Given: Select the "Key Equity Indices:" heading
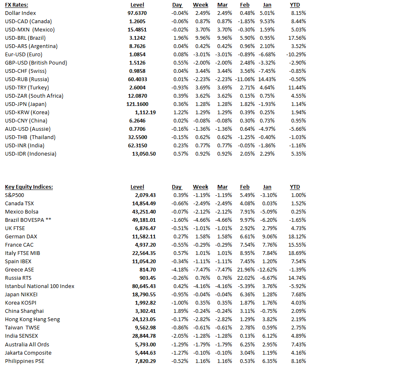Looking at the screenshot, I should pyautogui.click(x=29, y=187).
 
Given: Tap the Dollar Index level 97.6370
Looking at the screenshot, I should pyautogui.click(x=137, y=13).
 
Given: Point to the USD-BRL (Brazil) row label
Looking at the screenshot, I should pyautogui.click(x=25, y=38).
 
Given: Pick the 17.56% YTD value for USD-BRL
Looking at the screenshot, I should pyautogui.click(x=297, y=38).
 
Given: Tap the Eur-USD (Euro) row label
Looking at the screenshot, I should pyautogui.click(x=24, y=54).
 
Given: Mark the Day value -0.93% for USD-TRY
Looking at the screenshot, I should pyautogui.click(x=179, y=87).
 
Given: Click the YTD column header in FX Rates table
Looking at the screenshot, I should pyautogui.click(x=295, y=5).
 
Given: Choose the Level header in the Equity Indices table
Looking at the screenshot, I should pyautogui.click(x=137, y=187).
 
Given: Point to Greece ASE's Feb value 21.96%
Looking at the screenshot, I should pyautogui.click(x=247, y=269).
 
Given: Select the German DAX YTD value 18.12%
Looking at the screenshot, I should pyautogui.click(x=297, y=236).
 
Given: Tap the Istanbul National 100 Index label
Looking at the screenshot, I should pyautogui.click(x=40, y=286).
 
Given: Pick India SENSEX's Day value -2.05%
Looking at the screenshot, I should pyautogui.click(x=179, y=336).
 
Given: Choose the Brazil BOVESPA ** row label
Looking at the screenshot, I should pyautogui.click(x=29, y=220).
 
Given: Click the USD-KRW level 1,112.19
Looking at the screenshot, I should pyautogui.click(x=145, y=112).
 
